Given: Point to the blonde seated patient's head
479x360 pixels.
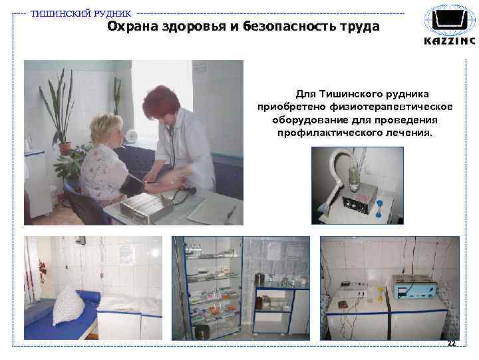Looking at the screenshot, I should pyautogui.click(x=106, y=130).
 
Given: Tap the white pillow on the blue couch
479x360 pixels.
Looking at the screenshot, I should pyautogui.click(x=69, y=304).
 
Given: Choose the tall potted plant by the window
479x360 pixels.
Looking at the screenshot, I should pyautogui.click(x=62, y=110).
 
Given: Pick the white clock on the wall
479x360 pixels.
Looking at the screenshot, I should pyautogui.click(x=131, y=135).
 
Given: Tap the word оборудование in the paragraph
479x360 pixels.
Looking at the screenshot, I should pyautogui.click(x=307, y=120).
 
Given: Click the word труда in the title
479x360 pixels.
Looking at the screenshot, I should pyautogui.click(x=358, y=27).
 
